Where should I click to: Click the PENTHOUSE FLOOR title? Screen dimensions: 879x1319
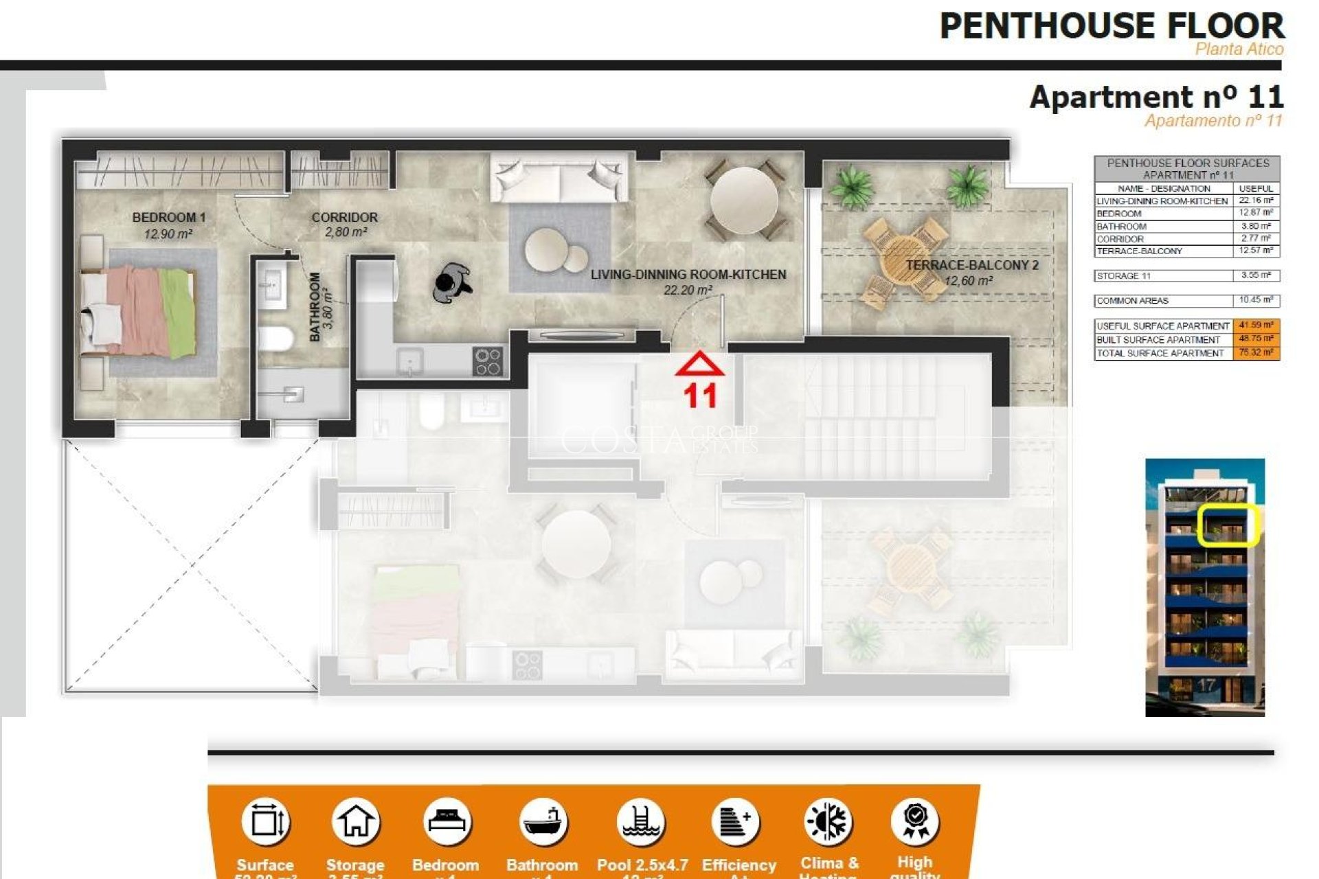pyautogui.click(x=1111, y=27)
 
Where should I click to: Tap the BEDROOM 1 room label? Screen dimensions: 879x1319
pyautogui.click(x=168, y=217)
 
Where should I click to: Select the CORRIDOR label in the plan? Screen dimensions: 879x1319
pyautogui.click(x=344, y=217)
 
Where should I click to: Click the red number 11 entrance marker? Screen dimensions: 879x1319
pyautogui.click(x=700, y=396)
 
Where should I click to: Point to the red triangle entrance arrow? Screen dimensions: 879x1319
pyautogui.click(x=699, y=364)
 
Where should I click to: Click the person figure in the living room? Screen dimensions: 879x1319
pyautogui.click(x=452, y=282)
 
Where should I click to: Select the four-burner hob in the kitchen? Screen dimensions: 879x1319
pyautogui.click(x=488, y=361)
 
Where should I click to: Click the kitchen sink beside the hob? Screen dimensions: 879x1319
pyautogui.click(x=410, y=361)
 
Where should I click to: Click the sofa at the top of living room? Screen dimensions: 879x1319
pyautogui.click(x=559, y=177)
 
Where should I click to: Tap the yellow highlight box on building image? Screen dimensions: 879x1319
pyautogui.click(x=1228, y=525)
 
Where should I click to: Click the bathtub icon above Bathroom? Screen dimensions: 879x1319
pyautogui.click(x=543, y=821)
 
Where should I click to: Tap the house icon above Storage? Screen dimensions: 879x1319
pyautogui.click(x=355, y=821)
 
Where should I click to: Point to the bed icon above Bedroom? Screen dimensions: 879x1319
pyautogui.click(x=447, y=821)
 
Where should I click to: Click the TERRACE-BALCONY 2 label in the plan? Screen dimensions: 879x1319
pyautogui.click(x=971, y=265)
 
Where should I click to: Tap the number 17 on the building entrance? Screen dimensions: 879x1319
pyautogui.click(x=1206, y=685)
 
